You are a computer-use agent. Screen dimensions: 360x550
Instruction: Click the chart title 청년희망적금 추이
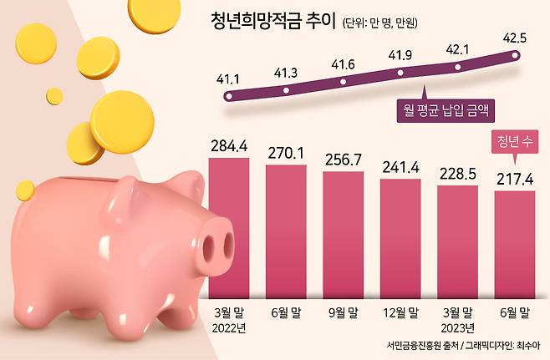tap(272, 23)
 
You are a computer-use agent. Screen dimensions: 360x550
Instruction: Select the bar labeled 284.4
tap(228, 226)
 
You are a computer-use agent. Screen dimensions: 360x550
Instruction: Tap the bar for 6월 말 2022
tap(286, 230)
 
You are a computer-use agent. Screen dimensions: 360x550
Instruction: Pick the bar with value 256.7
tap(344, 234)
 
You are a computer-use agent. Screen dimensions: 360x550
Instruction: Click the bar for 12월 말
tap(400, 237)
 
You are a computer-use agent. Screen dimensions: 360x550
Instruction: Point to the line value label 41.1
tap(228, 79)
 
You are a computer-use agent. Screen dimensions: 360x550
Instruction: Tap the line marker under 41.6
tap(344, 82)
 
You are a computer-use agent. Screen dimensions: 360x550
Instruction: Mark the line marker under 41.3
tap(286, 89)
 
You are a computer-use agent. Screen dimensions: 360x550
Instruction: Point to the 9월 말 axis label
tap(344, 312)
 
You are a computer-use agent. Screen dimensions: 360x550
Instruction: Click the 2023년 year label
tap(458, 327)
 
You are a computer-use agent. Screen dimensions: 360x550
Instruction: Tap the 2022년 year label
tap(229, 327)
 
